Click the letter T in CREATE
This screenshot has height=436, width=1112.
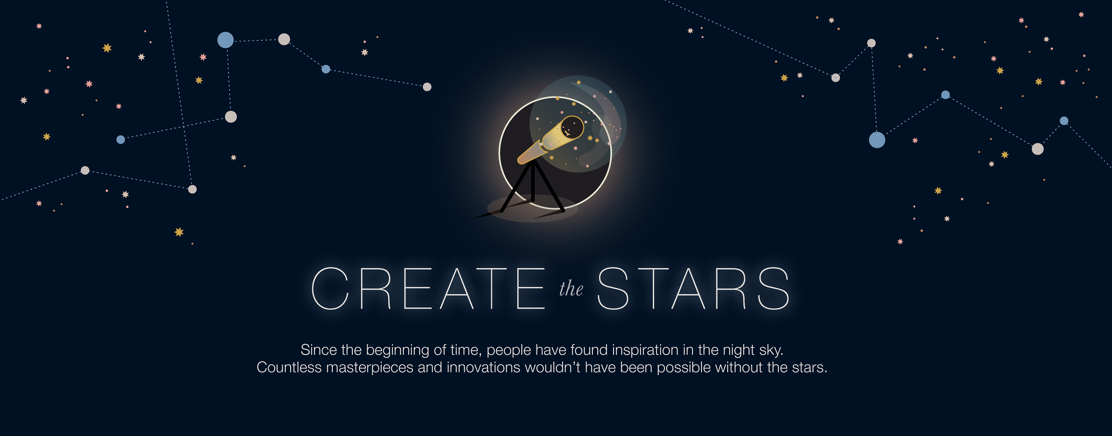coord(492,288)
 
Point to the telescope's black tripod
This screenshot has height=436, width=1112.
coord(533,186)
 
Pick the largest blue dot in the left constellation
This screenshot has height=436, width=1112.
coord(225,40)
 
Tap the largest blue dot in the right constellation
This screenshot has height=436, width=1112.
coord(877,140)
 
